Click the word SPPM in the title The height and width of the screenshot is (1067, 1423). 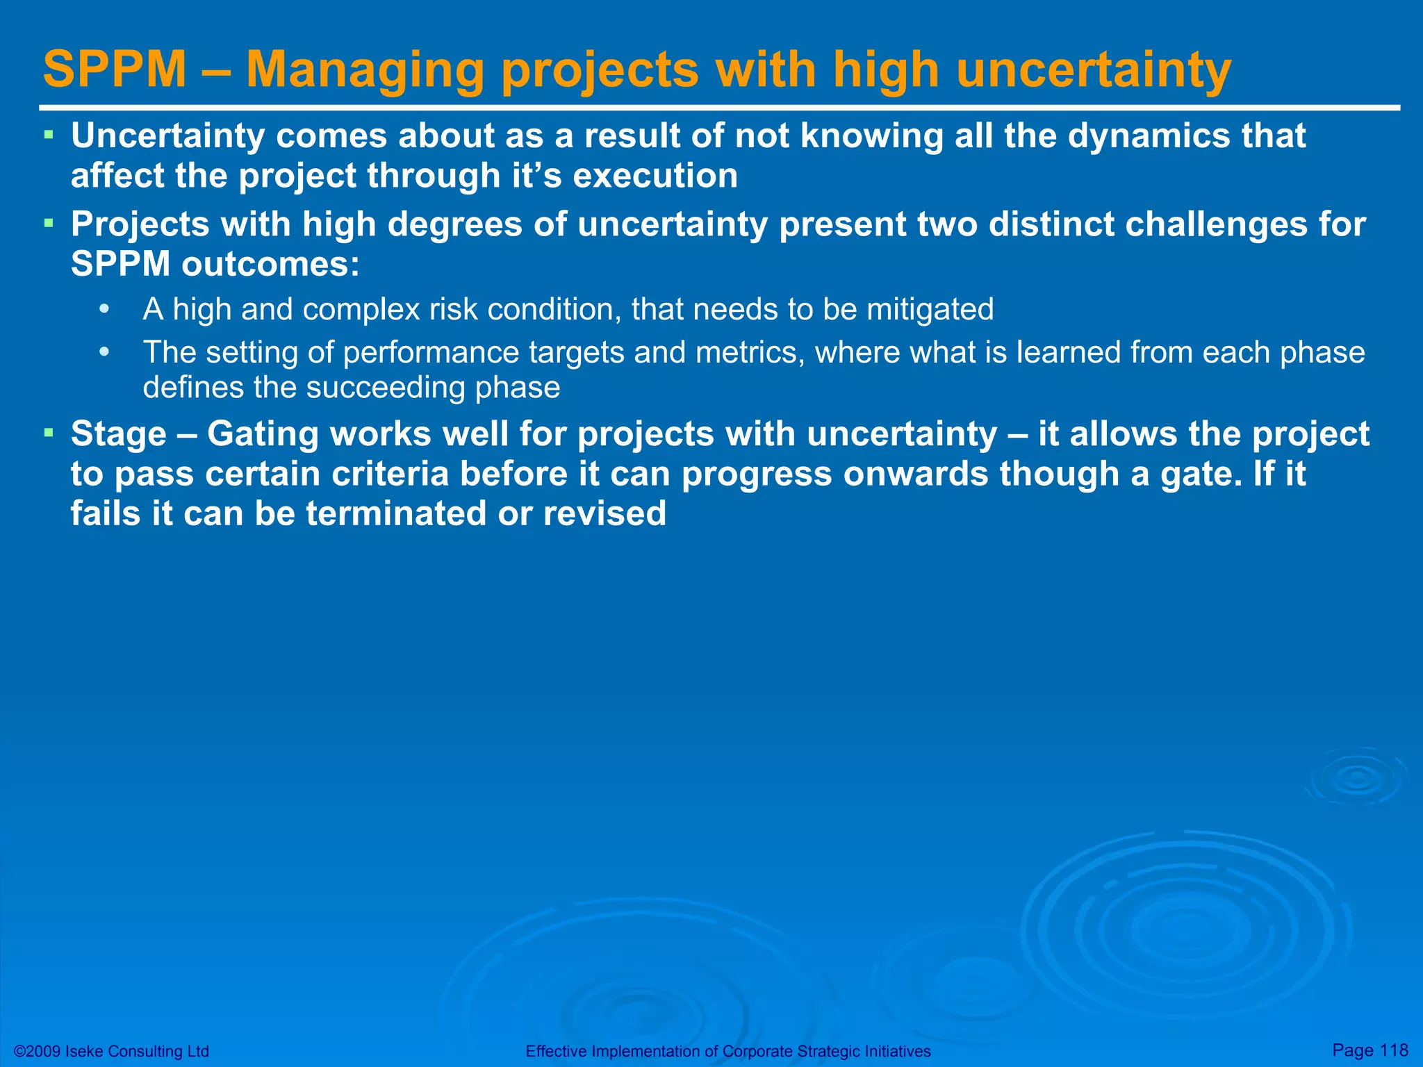coord(115,69)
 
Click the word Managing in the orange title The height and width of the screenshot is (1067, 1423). coord(365,69)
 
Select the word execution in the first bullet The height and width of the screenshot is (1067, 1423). coord(655,176)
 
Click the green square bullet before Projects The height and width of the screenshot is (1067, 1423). coord(49,223)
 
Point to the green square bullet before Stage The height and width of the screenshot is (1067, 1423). coord(49,433)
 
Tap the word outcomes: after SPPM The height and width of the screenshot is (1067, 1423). coord(271,264)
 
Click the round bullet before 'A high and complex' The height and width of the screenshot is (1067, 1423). coord(104,309)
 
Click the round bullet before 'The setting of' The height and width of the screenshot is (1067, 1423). coord(104,352)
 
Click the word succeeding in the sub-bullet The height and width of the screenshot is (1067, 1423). coord(385,388)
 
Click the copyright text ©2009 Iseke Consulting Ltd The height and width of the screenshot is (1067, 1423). coord(111,1051)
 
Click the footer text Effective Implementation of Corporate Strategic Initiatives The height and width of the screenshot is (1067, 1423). coord(727,1051)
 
